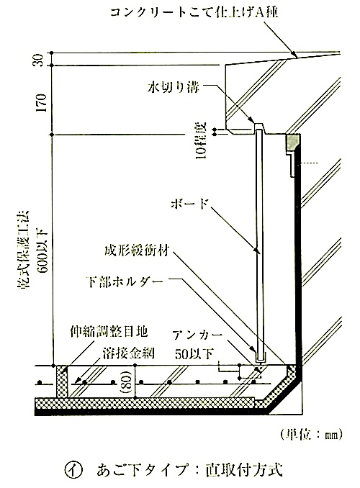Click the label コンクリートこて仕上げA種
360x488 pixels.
(194, 12)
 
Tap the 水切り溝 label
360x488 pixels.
(173, 88)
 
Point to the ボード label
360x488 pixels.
(189, 204)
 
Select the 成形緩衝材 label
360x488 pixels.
(137, 250)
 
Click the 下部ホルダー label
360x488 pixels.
(125, 282)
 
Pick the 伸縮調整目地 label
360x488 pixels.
(108, 333)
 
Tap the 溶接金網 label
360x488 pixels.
(129, 353)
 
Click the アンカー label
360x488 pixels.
(197, 335)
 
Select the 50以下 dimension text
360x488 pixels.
(194, 353)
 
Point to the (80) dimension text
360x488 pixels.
(128, 381)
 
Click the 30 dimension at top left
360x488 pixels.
(39, 60)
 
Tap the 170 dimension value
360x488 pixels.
(41, 103)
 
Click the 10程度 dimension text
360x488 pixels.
(202, 140)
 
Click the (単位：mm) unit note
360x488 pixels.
(311, 435)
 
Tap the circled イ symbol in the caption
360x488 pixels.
(74, 470)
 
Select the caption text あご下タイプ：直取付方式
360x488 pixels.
(189, 470)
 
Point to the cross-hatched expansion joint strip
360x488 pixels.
(62, 381)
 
